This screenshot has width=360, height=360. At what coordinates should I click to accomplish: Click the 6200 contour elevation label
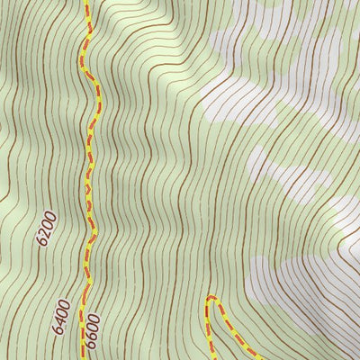click(48, 229)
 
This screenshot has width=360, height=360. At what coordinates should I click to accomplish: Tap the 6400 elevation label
click(61, 317)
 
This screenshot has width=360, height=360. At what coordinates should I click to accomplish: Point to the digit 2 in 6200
click(47, 233)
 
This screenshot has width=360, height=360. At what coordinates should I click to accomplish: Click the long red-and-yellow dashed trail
click(90, 180)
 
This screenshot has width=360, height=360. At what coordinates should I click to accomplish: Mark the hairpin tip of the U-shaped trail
click(211, 297)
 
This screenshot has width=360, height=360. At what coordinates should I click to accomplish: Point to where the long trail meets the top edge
click(87, 2)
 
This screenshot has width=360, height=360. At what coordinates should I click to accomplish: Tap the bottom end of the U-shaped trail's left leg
click(209, 358)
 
